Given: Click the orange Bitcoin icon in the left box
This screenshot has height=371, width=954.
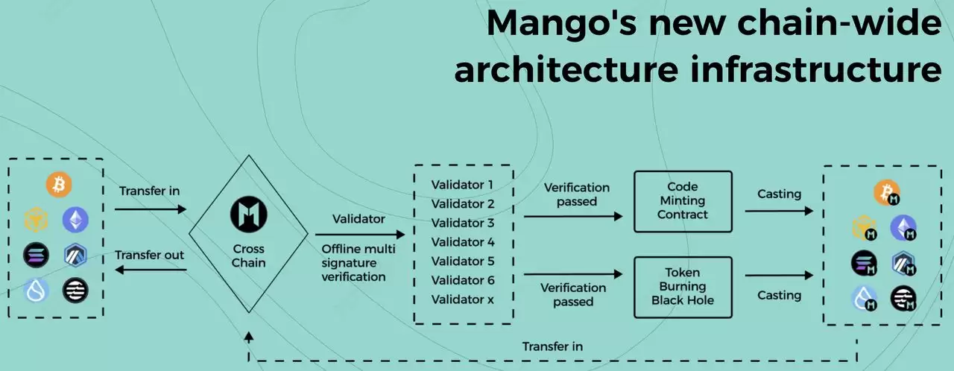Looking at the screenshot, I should pyautogui.click(x=58, y=185).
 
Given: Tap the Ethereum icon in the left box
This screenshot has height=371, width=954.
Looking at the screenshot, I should pyautogui.click(x=75, y=219).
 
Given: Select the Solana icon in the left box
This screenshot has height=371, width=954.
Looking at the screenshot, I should pyautogui.click(x=36, y=255).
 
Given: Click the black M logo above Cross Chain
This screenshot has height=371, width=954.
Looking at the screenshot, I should pyautogui.click(x=247, y=215).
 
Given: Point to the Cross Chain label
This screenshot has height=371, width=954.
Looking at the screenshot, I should pyautogui.click(x=247, y=256).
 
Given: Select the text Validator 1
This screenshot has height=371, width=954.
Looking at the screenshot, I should pyautogui.click(x=462, y=184).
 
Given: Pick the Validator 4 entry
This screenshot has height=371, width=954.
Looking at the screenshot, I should pyautogui.click(x=462, y=241).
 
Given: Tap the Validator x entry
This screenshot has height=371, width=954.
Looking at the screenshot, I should pyautogui.click(x=462, y=299).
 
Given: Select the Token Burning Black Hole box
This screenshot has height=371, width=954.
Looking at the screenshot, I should pyautogui.click(x=683, y=287).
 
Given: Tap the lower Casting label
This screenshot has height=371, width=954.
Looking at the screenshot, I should pyautogui.click(x=779, y=295).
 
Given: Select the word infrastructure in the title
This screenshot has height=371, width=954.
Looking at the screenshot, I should pyautogui.click(x=813, y=69).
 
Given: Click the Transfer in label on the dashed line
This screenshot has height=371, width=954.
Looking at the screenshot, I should pyautogui.click(x=552, y=346).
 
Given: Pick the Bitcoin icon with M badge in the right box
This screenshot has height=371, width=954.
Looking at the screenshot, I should pyautogui.click(x=887, y=193).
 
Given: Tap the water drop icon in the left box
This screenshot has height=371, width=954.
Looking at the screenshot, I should pyautogui.click(x=36, y=290).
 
